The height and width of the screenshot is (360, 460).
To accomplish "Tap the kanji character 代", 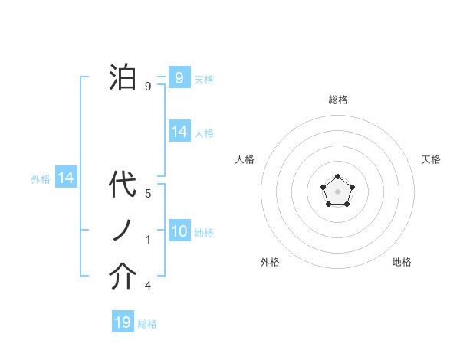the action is coord(123,186).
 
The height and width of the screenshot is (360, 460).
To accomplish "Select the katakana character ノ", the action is coord(123,231).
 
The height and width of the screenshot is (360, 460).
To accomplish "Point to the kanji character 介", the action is coord(123,277).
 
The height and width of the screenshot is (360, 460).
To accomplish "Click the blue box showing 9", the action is coord(179,77).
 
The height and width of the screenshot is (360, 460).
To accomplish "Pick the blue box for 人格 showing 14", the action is coord(179,132).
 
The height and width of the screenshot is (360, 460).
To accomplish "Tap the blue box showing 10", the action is coord(179,231).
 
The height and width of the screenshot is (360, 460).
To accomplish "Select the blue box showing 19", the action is coord(123,322).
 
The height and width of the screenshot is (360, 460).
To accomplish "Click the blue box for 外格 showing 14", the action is coord(66,178).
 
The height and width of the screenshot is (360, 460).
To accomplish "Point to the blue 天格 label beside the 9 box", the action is coord(203,79).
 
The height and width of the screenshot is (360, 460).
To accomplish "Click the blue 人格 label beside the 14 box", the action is coord(204,133).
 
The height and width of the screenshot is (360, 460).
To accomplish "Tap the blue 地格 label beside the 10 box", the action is coord(204,233).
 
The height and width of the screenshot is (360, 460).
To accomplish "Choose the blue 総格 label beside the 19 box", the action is coord(147,324).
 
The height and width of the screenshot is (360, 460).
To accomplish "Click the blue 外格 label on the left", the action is coord(41,179).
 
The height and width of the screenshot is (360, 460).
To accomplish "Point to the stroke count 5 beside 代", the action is coord(147,194).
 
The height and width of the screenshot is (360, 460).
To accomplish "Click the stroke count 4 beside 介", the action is coord(147,286).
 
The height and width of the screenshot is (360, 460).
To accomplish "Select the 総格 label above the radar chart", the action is coord(337,100).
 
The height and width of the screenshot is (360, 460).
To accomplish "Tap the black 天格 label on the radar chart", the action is coord(431,159).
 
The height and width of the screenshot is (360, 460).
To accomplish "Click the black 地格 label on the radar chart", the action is coord(402,262).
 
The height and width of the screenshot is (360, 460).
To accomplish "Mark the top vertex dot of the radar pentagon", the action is coord(337,178).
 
